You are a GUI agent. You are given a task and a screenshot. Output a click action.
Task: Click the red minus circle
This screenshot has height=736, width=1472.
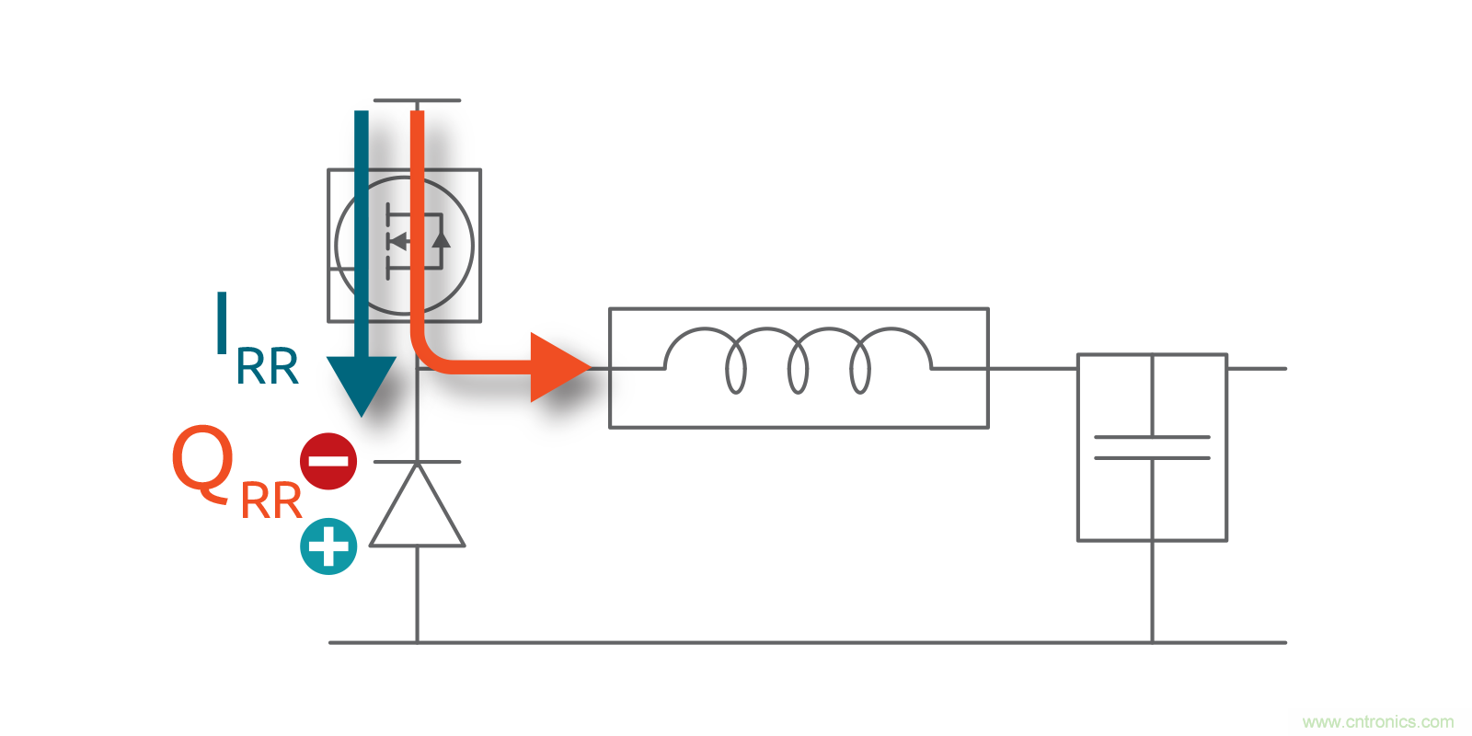[x=328, y=461]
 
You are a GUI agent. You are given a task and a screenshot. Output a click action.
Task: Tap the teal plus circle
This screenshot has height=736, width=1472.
[x=328, y=546]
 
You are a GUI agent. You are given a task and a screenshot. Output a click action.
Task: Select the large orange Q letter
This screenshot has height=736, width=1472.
[x=201, y=462]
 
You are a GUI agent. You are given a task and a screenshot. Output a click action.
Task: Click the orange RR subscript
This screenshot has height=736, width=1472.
[x=271, y=502]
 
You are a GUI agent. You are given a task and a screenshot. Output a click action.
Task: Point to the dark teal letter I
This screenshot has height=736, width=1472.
[x=222, y=323]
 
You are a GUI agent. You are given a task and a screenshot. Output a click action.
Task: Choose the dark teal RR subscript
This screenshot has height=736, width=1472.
[x=268, y=368]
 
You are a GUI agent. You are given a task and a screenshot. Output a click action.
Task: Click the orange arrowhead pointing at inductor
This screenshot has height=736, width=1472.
[x=558, y=368]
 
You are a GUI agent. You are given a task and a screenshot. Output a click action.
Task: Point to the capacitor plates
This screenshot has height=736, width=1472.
[x=1152, y=448]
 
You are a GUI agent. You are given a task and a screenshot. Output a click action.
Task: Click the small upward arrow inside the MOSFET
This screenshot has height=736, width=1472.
[x=442, y=239]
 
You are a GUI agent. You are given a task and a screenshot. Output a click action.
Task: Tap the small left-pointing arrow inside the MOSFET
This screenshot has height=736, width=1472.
[x=397, y=241]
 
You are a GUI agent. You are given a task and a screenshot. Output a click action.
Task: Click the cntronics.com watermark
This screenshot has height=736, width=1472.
[x=1378, y=722]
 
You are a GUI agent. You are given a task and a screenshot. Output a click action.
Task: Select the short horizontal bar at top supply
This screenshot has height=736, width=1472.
[x=417, y=100]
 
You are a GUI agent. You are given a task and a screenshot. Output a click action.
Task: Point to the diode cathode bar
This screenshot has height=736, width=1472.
[x=417, y=462]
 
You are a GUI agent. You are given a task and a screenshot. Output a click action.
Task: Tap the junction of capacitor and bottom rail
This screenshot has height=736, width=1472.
[x=1152, y=642]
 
